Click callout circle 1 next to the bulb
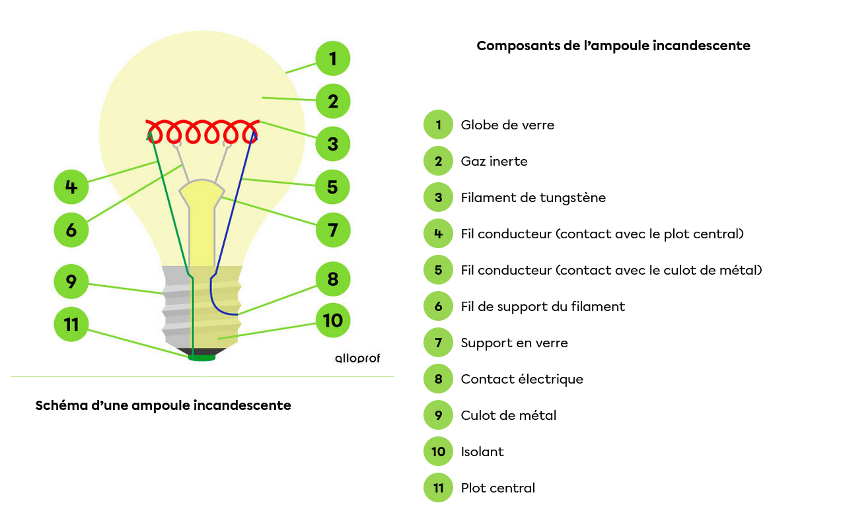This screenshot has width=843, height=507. (x=332, y=59)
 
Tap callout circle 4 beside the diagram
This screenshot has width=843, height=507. (x=71, y=187)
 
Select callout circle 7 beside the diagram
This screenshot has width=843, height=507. (x=332, y=230)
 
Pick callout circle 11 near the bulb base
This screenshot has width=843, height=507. (x=71, y=324)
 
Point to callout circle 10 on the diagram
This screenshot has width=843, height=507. (x=332, y=321)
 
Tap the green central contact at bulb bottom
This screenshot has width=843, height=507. (x=202, y=358)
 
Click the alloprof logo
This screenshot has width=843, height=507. (x=357, y=358)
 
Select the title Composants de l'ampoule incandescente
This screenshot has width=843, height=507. (x=613, y=46)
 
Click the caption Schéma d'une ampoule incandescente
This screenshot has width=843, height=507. (x=163, y=405)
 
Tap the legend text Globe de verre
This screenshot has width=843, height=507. (x=507, y=125)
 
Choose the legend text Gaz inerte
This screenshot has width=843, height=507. (x=494, y=161)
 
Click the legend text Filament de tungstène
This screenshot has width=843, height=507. (x=533, y=197)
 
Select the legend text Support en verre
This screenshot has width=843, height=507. (x=514, y=343)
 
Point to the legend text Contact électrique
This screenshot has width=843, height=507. (x=522, y=379)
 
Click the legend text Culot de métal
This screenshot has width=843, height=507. (x=509, y=415)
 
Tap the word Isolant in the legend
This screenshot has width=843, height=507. (x=482, y=452)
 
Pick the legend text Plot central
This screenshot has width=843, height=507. (x=498, y=488)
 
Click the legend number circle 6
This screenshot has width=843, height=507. (x=438, y=306)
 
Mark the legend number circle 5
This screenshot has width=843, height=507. (x=438, y=270)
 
